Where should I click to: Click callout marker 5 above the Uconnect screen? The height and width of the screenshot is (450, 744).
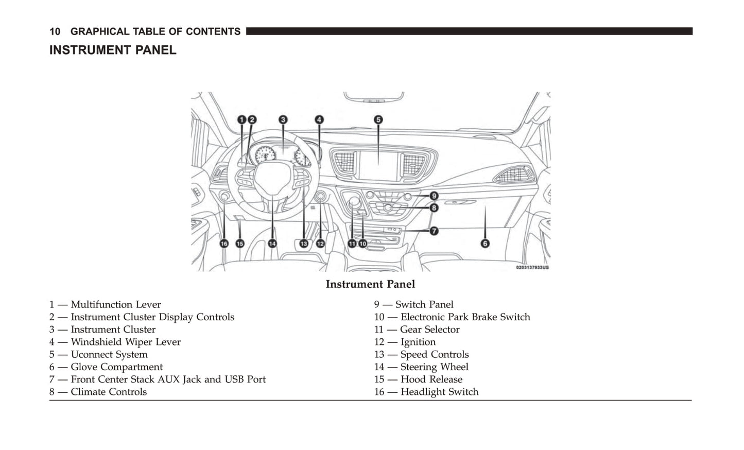(x=378, y=120)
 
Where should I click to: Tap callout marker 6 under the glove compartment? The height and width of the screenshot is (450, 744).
(x=485, y=243)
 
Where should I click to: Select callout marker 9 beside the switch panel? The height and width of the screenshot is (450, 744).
(x=434, y=196)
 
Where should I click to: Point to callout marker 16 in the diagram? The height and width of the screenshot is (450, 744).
(x=224, y=244)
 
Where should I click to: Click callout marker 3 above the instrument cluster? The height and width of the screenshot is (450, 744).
(x=283, y=120)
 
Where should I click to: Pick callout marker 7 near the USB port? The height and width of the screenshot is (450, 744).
(x=434, y=231)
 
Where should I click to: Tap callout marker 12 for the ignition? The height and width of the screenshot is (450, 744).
(x=320, y=244)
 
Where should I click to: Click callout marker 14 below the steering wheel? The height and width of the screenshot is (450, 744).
(x=272, y=244)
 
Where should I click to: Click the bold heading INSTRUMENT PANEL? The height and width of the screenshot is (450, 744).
(x=113, y=50)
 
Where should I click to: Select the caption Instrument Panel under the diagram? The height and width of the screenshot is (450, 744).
(x=370, y=284)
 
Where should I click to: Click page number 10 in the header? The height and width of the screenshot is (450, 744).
(x=55, y=31)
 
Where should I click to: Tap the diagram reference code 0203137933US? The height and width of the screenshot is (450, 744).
(x=532, y=268)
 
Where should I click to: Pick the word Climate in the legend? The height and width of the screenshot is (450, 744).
(x=88, y=392)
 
